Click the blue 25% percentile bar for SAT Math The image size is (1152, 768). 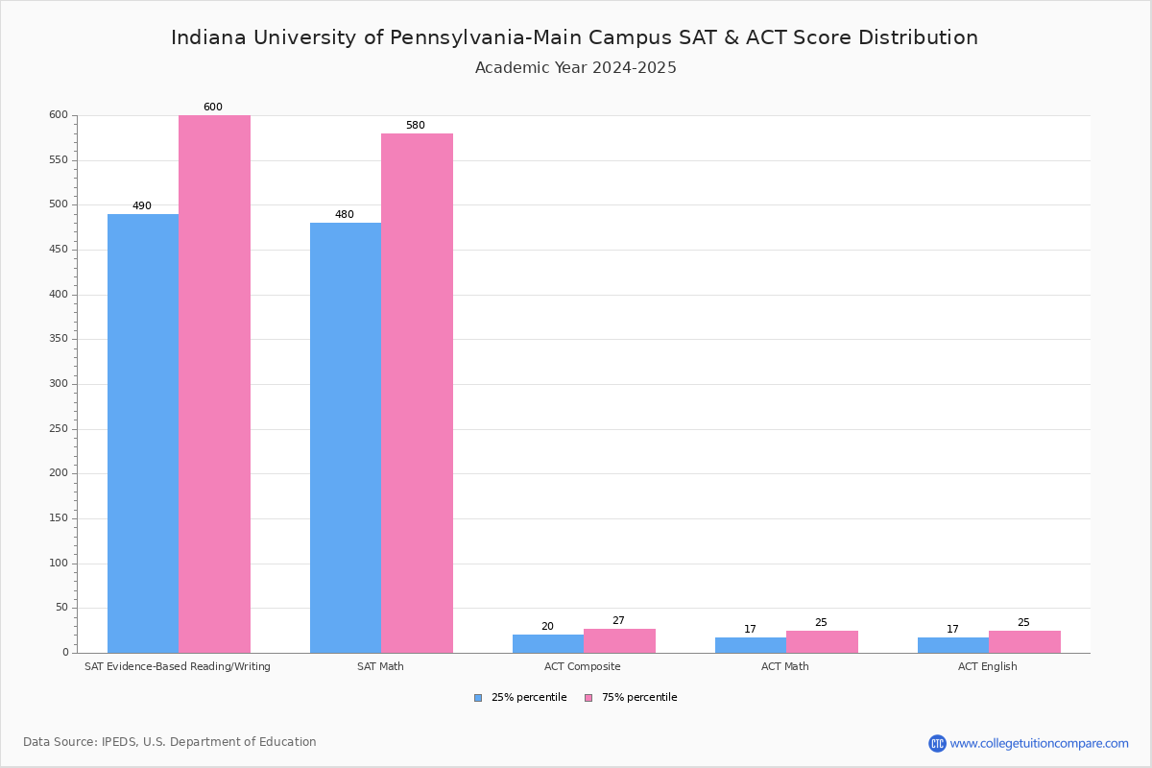(x=346, y=437)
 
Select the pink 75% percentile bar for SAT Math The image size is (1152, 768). (x=417, y=393)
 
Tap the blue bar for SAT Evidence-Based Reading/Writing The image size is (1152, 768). (x=143, y=433)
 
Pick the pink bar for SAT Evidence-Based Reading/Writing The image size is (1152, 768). (x=214, y=384)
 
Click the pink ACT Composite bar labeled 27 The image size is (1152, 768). (x=619, y=640)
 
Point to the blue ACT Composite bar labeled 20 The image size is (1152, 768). (x=548, y=643)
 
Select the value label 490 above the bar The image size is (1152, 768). (x=142, y=206)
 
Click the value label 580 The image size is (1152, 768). (x=415, y=126)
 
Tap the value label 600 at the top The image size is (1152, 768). (x=212, y=108)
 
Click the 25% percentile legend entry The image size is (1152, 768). (x=520, y=698)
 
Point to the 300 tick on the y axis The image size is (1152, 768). (x=59, y=384)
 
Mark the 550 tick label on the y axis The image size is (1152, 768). (x=59, y=160)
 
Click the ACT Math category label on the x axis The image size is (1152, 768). (x=784, y=666)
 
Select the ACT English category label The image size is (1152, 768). (x=987, y=666)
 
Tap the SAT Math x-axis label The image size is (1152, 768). (x=380, y=666)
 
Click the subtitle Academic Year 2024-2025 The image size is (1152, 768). (x=575, y=68)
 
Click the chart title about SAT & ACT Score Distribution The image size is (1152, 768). (x=574, y=37)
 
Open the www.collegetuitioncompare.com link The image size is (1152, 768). (x=1039, y=743)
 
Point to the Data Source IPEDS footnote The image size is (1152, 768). (x=170, y=742)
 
